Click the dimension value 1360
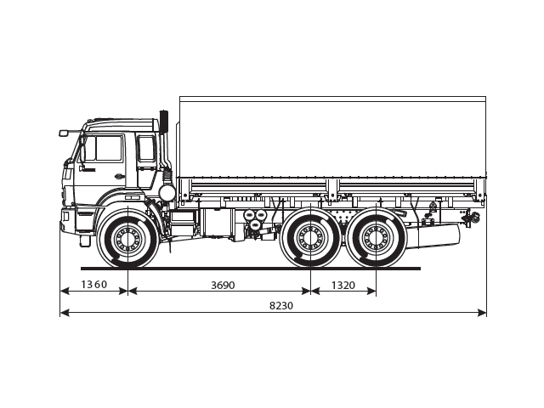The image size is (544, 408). (93, 284)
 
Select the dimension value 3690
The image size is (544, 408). (223, 284)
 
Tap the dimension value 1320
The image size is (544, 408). (343, 284)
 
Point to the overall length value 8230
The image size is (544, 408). (281, 306)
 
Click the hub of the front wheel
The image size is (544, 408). (128, 240)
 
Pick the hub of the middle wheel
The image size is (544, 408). (311, 240)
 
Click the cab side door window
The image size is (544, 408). (104, 149)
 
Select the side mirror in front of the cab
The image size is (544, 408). (64, 133)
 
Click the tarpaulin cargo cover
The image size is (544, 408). (331, 136)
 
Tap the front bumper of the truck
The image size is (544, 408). (65, 218)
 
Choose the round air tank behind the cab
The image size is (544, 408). (167, 193)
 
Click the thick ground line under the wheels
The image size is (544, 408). (255, 269)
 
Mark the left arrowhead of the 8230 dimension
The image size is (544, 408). (64, 313)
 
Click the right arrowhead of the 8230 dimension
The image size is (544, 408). (483, 313)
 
